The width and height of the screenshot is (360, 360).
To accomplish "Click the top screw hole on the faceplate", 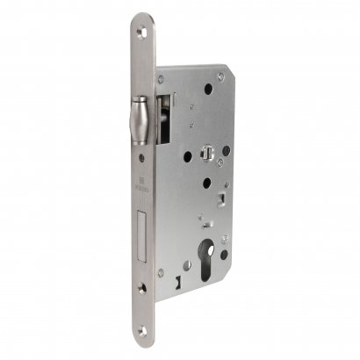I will (x=143, y=32).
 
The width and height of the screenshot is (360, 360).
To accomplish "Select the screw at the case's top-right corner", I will (x=220, y=77).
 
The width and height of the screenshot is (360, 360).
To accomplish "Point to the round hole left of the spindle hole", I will (x=187, y=157).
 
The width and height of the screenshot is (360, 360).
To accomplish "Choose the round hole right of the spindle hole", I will (x=226, y=150).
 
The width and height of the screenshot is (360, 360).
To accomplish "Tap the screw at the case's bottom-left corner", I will (x=161, y=272).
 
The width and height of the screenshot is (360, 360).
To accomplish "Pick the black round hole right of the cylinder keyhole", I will (x=225, y=256).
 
